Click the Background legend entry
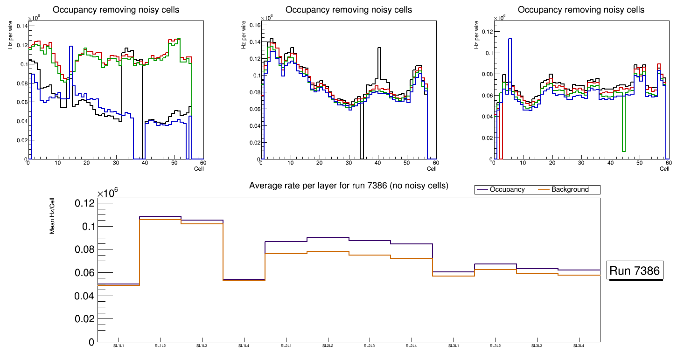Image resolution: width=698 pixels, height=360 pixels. (x=570, y=190)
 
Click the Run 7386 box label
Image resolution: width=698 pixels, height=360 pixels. (x=635, y=270)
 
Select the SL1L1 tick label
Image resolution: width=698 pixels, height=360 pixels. (x=119, y=346)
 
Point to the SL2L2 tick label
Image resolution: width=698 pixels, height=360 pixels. (x=328, y=346)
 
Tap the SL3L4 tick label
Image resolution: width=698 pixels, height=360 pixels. (x=579, y=346)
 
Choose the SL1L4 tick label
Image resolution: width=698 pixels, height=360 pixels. (x=244, y=346)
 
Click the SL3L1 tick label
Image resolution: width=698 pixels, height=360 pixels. (x=454, y=346)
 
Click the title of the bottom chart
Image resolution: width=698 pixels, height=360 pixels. (x=349, y=186)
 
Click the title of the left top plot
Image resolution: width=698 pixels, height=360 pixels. (x=116, y=10)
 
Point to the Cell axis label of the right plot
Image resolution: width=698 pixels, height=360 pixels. (x=664, y=169)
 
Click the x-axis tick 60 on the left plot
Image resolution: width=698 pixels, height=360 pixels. (x=203, y=163)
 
